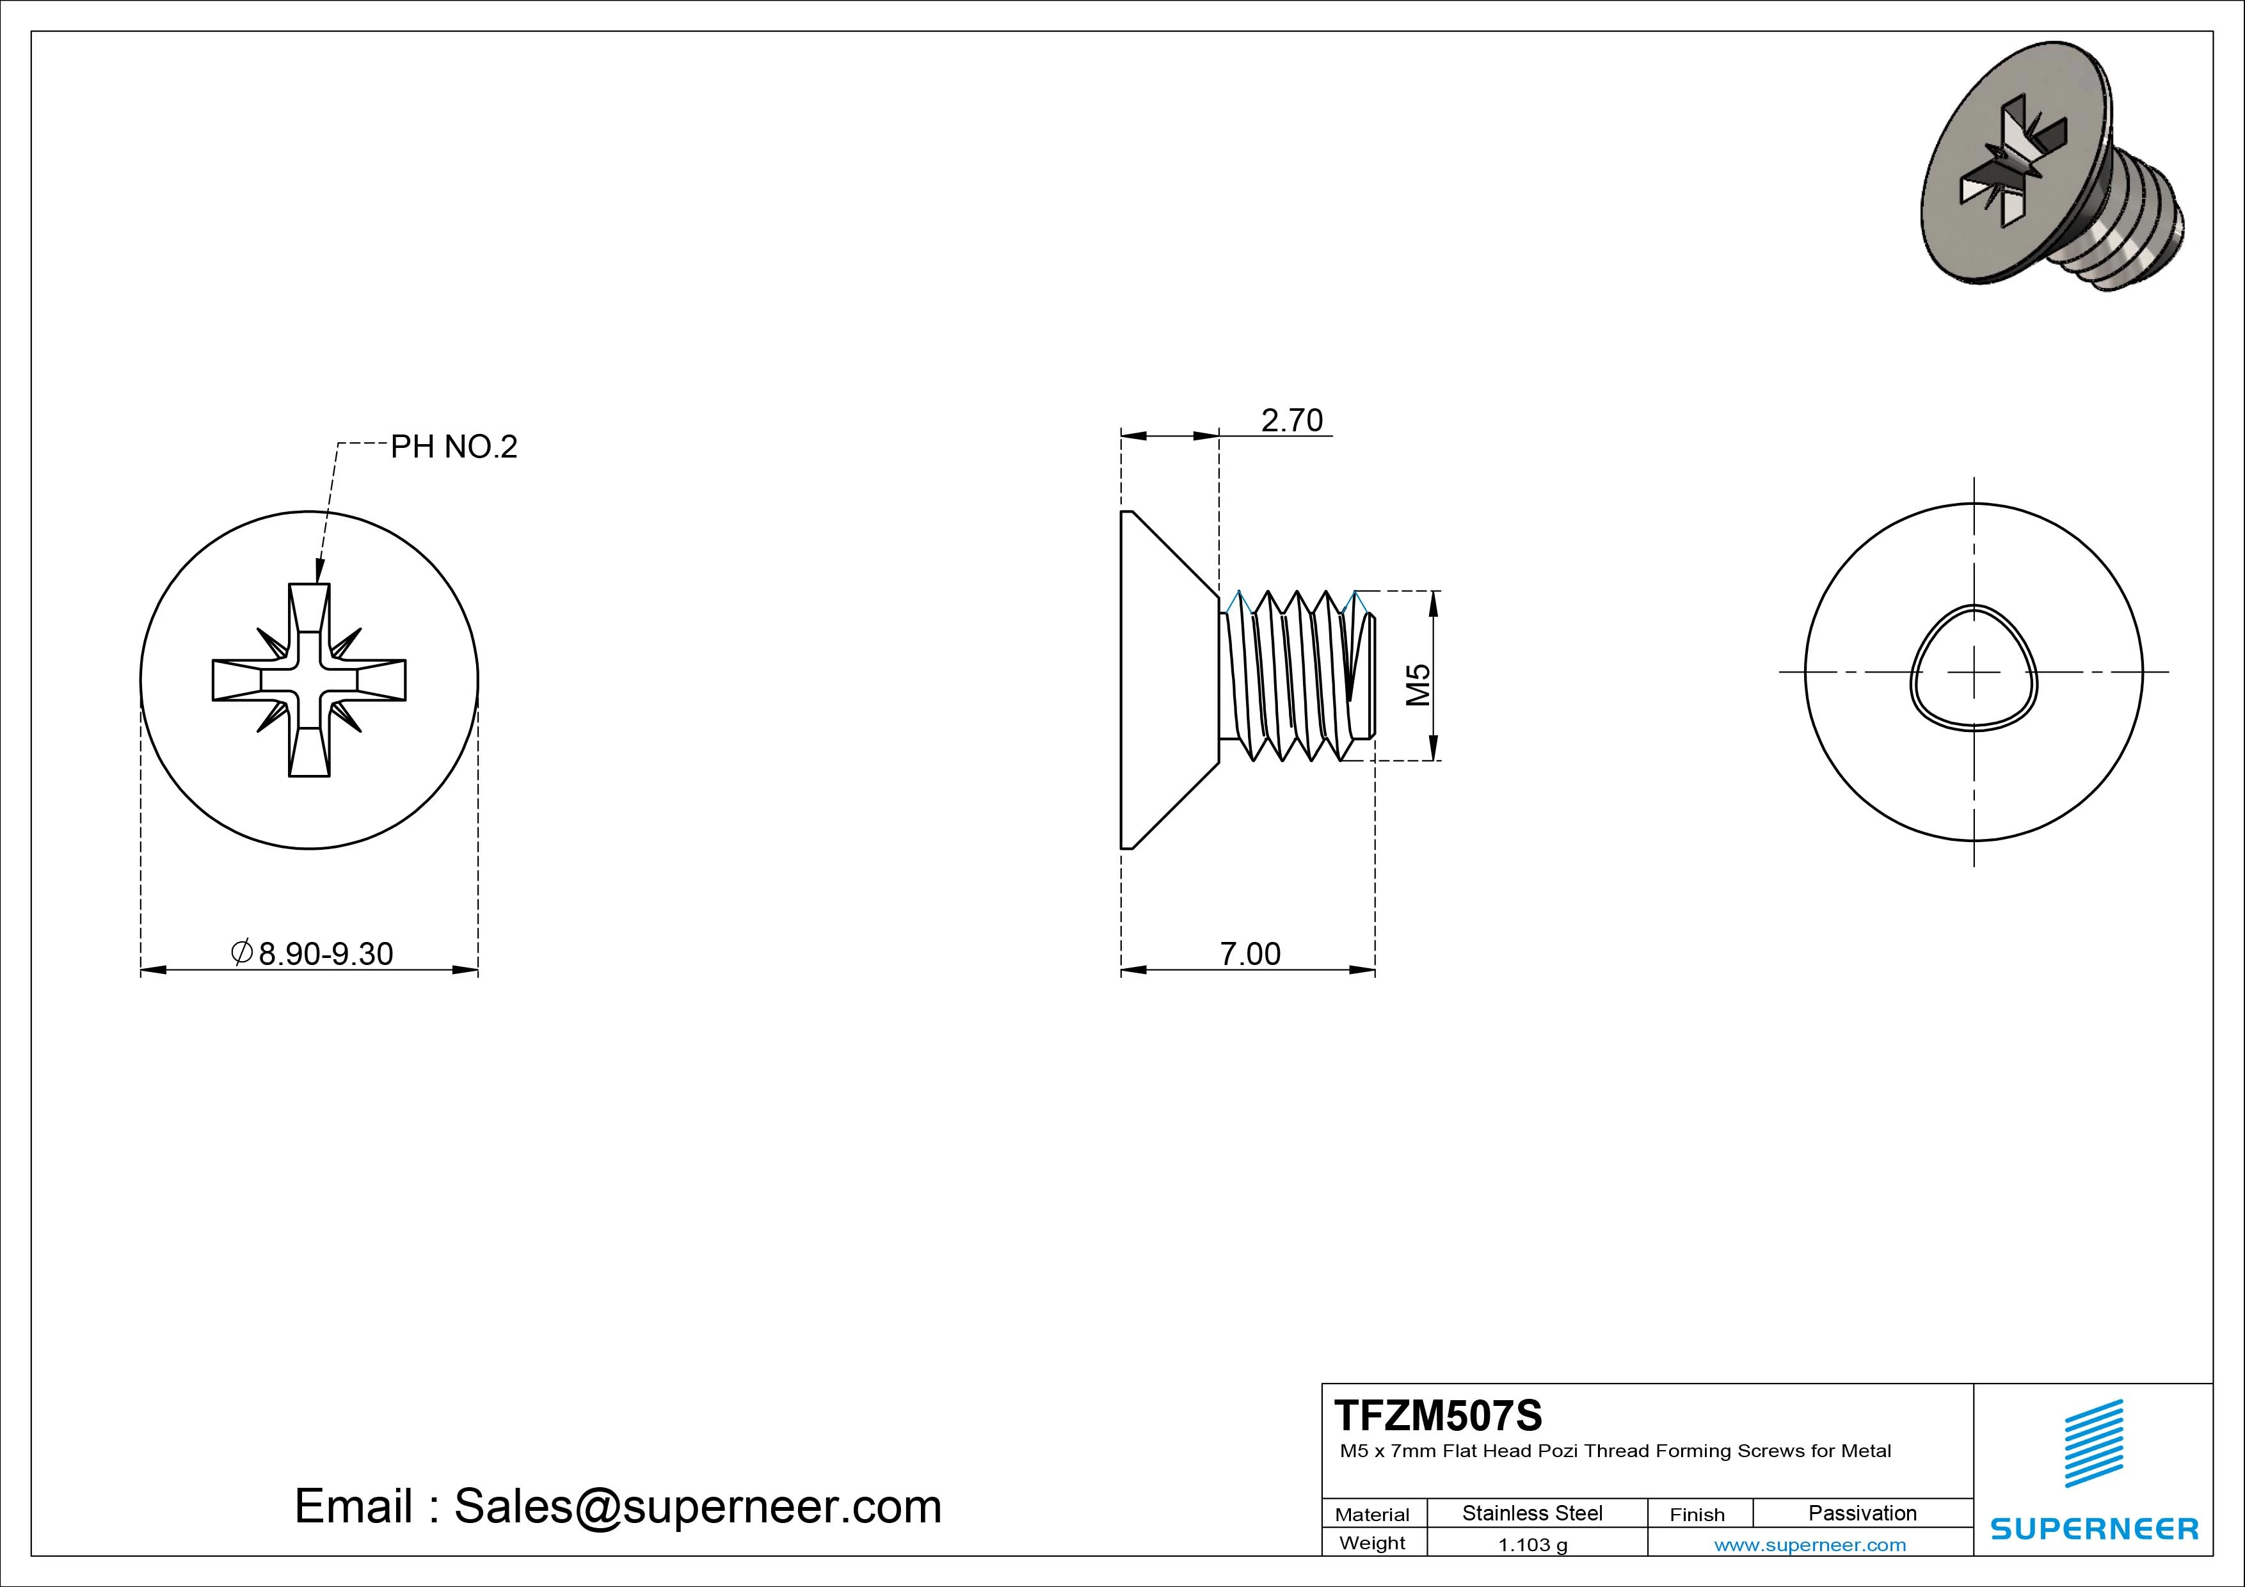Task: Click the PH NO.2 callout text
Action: (454, 447)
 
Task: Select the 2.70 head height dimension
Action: (1291, 420)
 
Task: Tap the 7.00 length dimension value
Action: (1250, 953)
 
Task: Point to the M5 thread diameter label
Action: (1418, 685)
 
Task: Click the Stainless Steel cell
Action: (1532, 1513)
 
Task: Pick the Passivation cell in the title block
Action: (1863, 1513)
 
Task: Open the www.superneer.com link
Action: (1810, 1545)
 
